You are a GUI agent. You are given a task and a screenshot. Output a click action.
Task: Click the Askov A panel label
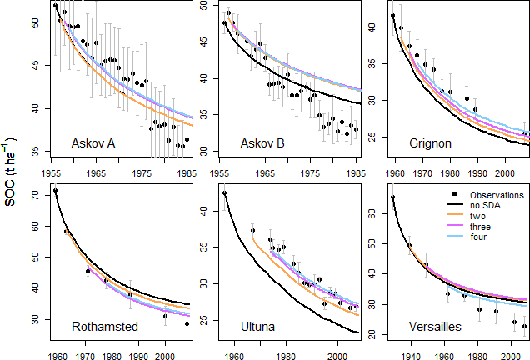pyautogui.click(x=94, y=142)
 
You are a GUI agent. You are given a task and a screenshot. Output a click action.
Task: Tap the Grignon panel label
pyautogui.click(x=431, y=142)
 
